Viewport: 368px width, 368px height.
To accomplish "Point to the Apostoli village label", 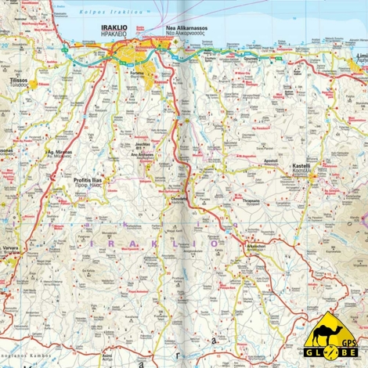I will (272, 160).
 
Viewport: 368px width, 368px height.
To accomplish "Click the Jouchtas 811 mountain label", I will (143, 146).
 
